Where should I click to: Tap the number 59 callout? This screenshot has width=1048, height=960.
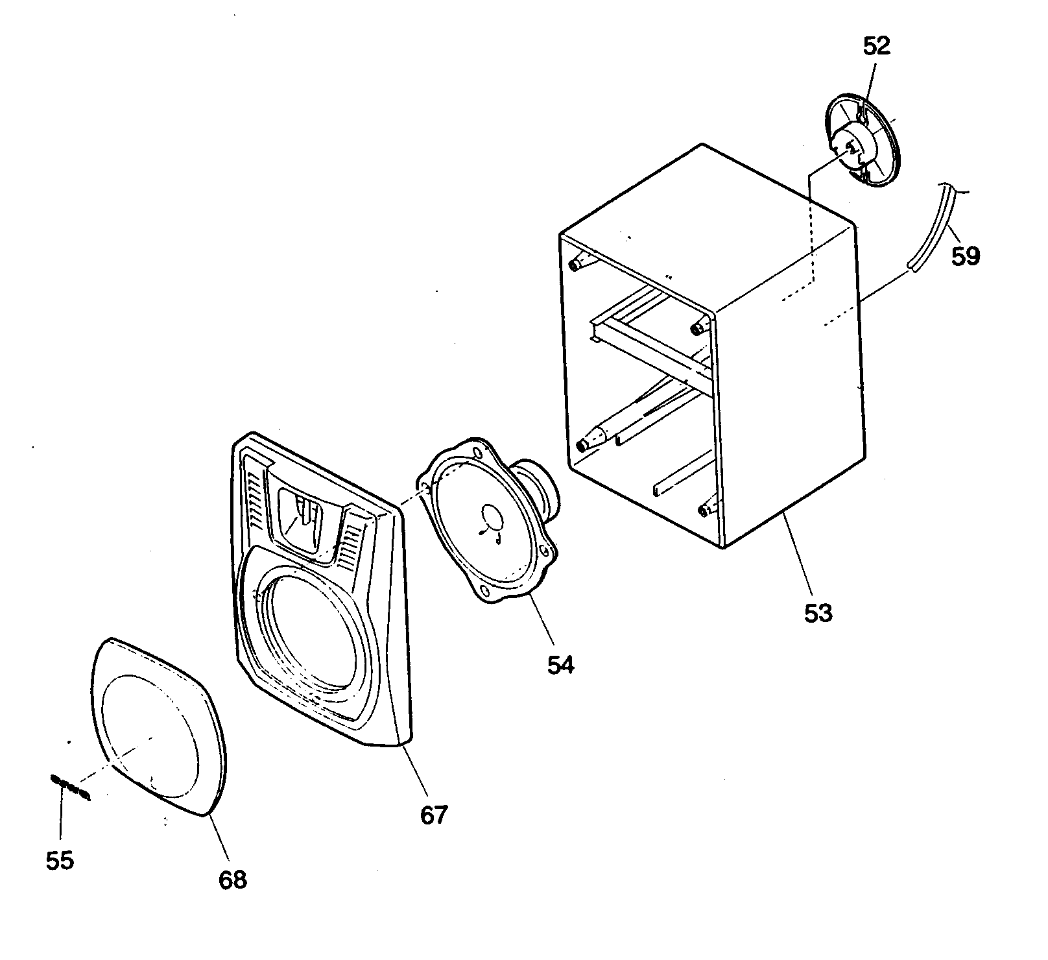click(966, 256)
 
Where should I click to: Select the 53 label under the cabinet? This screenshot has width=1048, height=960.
click(818, 612)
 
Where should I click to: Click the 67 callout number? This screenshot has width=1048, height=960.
click(434, 814)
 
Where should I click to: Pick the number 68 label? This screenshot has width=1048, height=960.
click(233, 879)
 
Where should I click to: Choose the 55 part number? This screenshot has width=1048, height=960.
click(60, 861)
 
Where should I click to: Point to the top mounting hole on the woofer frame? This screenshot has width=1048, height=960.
click(478, 452)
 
